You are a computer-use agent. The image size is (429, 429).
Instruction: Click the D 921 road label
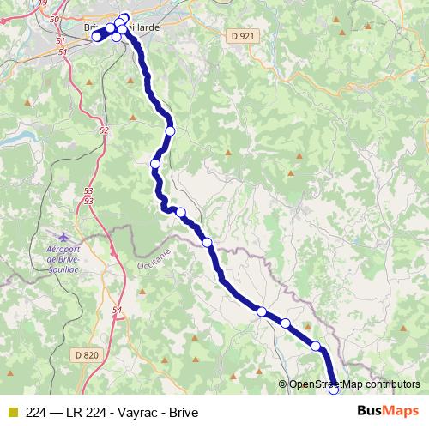[x=243, y=35]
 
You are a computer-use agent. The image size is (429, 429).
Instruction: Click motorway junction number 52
[x=104, y=130]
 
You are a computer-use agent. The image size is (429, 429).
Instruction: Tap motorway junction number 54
[x=117, y=309]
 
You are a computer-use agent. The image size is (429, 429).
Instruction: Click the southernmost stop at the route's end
[x=334, y=390]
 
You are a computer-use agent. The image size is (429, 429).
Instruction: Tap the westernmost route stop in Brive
[x=97, y=36]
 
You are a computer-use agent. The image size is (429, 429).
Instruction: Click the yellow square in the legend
[x=12, y=412]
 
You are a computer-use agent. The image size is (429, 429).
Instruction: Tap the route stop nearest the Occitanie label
[x=208, y=243]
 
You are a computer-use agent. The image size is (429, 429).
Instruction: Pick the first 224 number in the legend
[x=37, y=412]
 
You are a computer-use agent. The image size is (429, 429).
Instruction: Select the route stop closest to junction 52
[x=155, y=163]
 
